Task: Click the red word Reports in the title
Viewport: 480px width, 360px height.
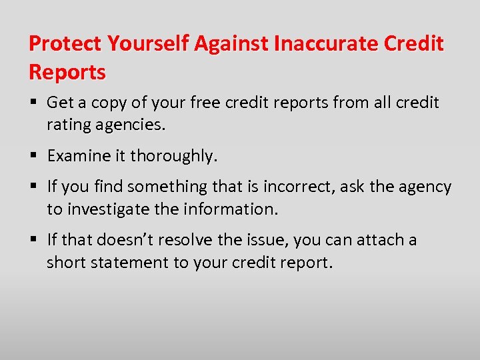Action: (x=67, y=72)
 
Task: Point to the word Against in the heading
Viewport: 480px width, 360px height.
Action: (x=231, y=44)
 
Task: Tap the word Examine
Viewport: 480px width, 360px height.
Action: (x=77, y=156)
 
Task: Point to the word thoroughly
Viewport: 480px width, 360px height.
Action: (x=174, y=156)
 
